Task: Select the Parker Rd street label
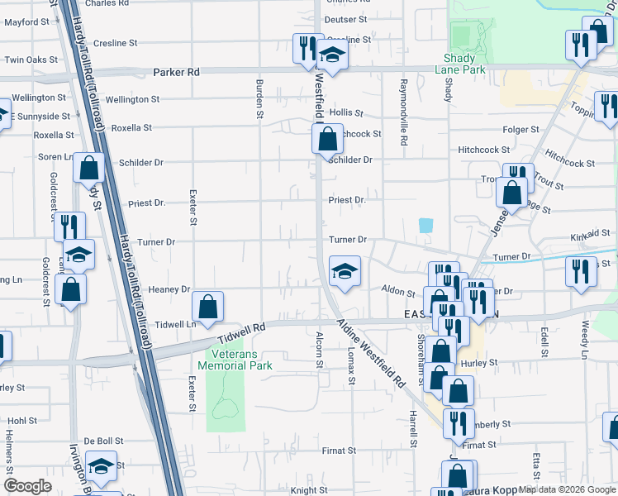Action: (x=177, y=73)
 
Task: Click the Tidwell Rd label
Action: (x=242, y=332)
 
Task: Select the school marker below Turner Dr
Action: (x=345, y=270)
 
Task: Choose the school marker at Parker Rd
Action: (x=332, y=56)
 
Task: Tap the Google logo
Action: (x=28, y=486)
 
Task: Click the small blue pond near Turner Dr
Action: (x=425, y=225)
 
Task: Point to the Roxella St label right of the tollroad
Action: (x=131, y=128)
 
